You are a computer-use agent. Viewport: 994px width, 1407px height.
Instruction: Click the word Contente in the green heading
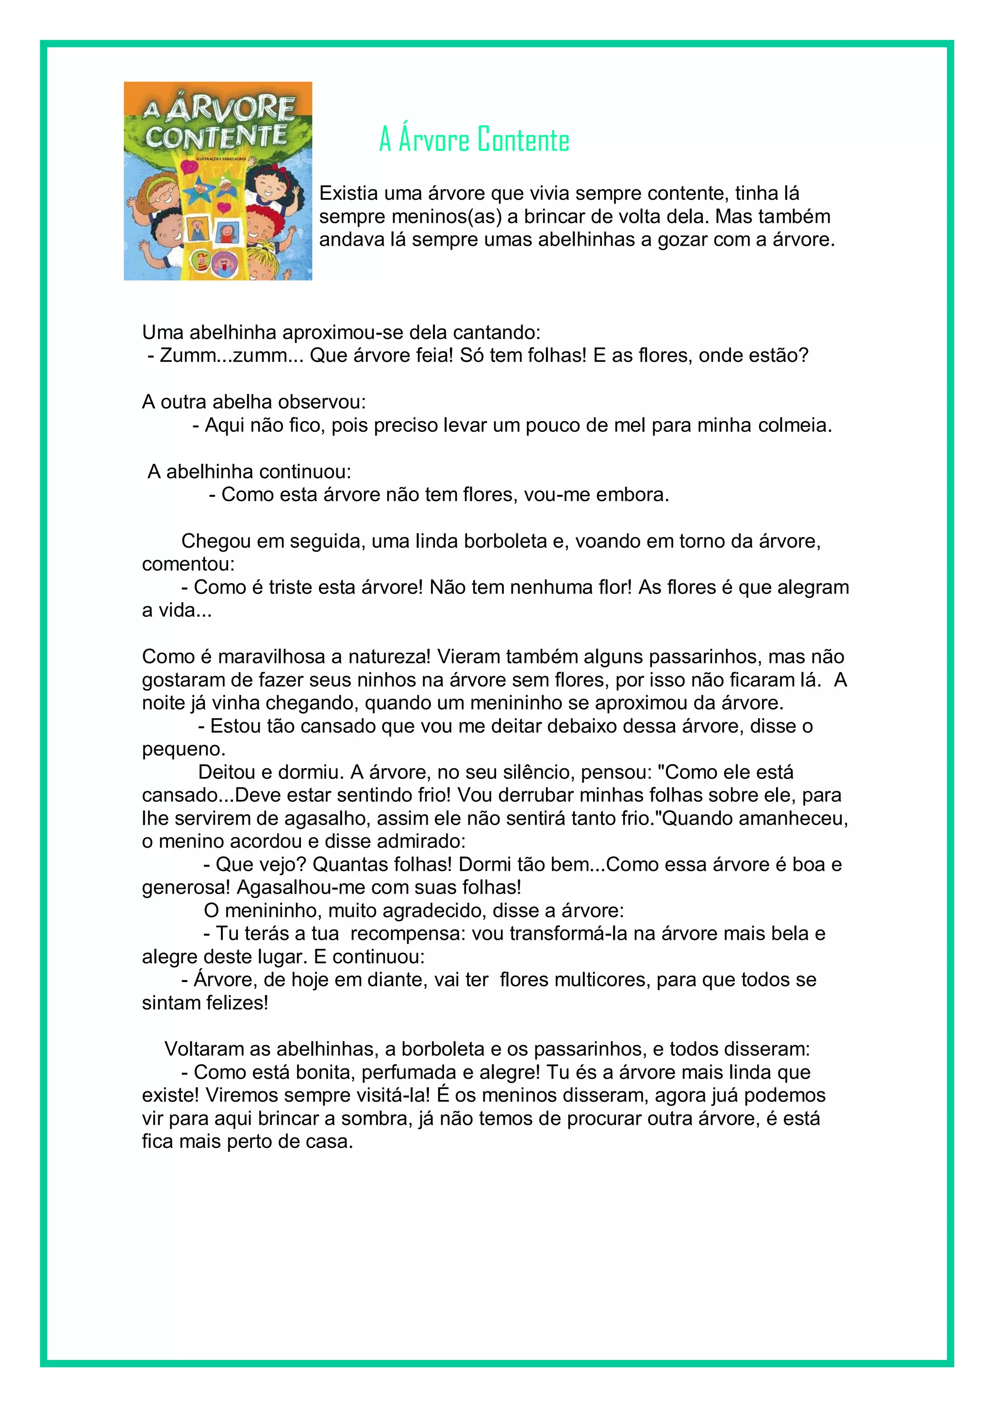(x=523, y=140)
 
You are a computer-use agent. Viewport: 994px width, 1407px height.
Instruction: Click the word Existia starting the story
(x=348, y=194)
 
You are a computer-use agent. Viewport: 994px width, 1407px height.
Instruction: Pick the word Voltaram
(x=204, y=1049)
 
